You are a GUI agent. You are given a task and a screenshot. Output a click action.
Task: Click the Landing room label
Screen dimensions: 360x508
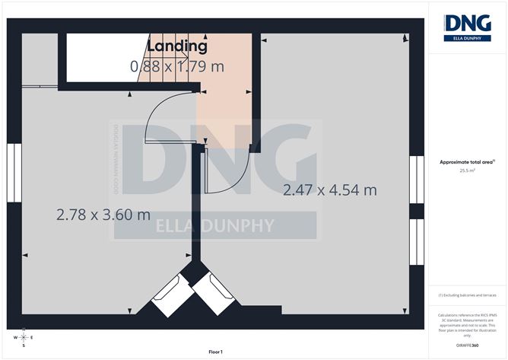pos(176,46)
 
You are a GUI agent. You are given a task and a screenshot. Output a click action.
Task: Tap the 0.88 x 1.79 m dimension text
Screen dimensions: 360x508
pos(177,66)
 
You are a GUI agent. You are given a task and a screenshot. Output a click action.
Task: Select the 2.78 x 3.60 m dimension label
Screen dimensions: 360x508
pos(103,215)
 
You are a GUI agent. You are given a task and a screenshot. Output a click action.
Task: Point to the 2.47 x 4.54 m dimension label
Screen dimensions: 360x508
pos(330,190)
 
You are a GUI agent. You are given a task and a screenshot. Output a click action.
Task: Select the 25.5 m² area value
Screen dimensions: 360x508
pos(467,171)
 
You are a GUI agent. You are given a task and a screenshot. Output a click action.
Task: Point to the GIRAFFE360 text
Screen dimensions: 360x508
pos(468,345)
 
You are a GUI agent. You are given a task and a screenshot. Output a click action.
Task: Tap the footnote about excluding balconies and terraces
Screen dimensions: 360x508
pos(467,295)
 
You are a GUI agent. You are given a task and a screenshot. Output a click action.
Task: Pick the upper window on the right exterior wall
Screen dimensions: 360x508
pos(416,180)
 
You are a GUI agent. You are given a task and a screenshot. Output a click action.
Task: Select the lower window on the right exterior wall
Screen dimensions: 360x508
pos(416,242)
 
